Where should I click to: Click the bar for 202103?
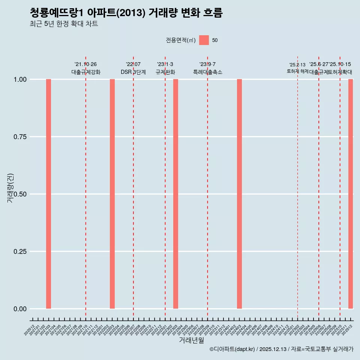48,194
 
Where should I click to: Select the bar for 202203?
112,194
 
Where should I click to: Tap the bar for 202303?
175,194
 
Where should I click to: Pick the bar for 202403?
239,194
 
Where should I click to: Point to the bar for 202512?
351,194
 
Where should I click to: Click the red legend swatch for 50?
204,40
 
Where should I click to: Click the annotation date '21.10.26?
85,64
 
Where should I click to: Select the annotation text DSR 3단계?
133,72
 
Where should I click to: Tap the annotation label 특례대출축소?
208,72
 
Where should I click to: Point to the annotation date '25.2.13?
297,65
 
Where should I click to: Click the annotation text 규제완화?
165,72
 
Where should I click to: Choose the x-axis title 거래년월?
191,340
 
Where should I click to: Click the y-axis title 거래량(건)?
10,187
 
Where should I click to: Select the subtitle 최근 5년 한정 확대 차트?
64,24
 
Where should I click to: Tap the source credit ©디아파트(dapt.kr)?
232,349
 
